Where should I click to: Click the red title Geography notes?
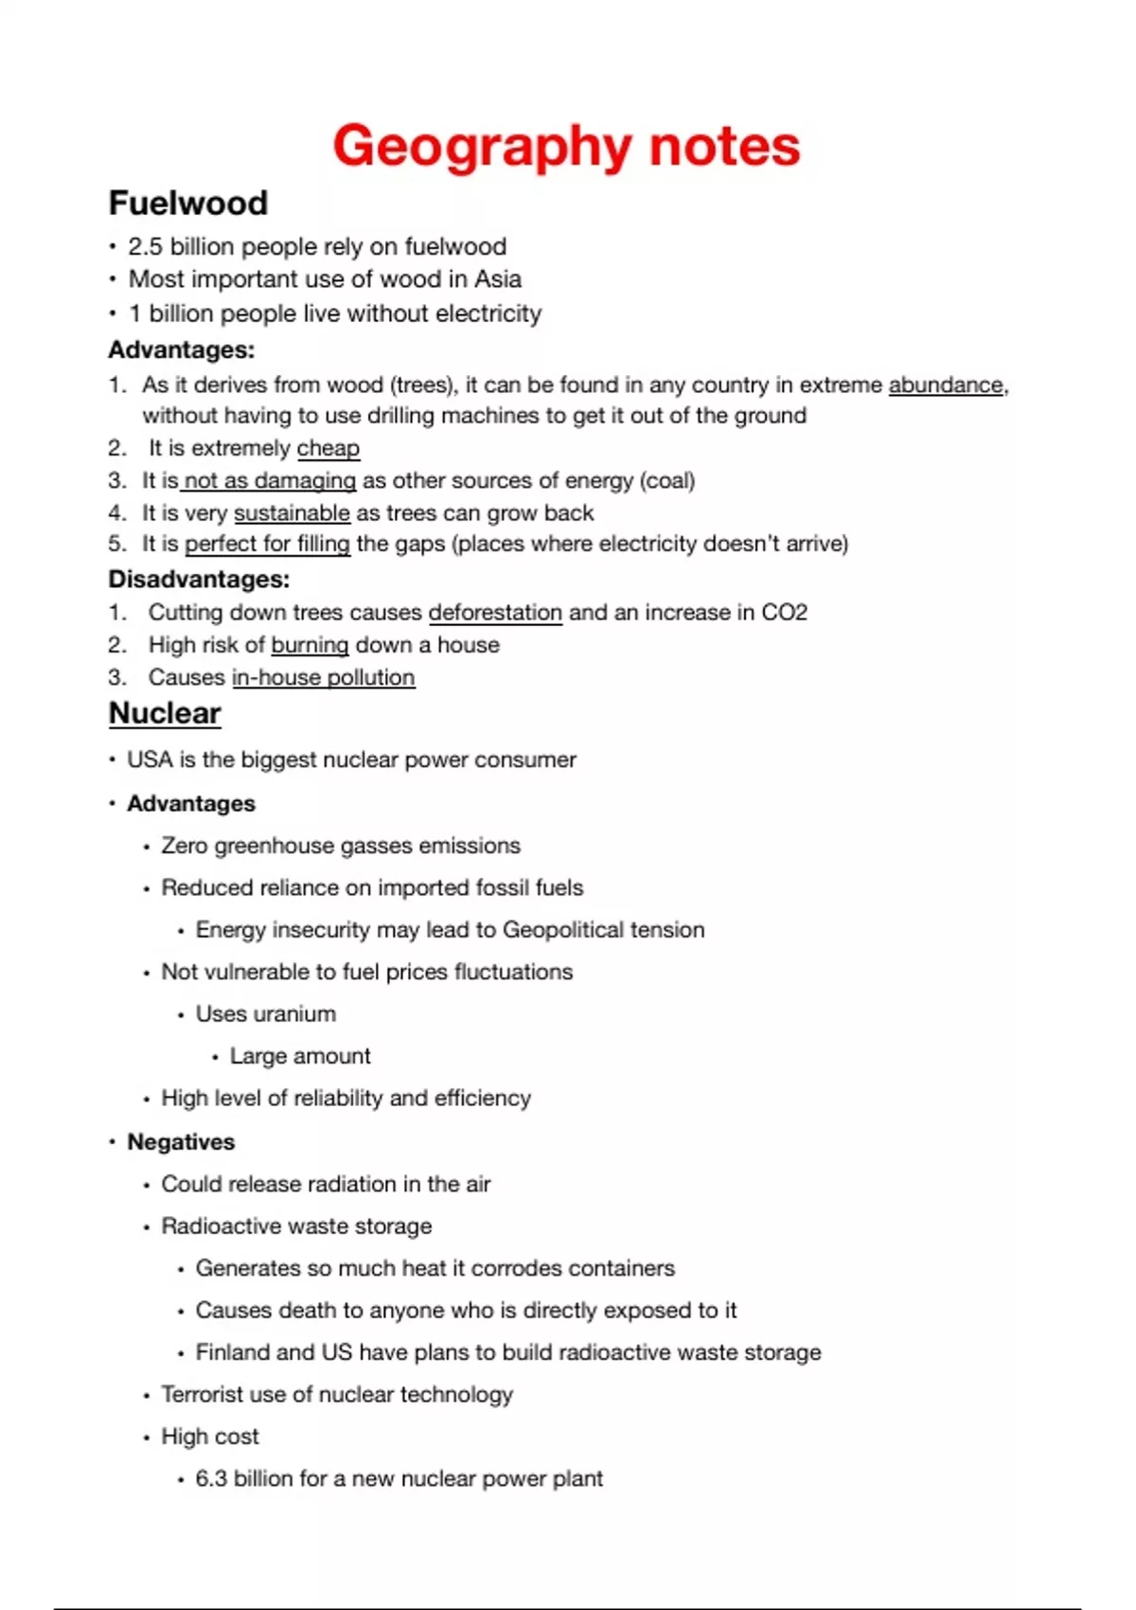566,146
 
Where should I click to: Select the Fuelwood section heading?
187,203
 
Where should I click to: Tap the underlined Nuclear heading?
165,713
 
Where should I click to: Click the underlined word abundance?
945,385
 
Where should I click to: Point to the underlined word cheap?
328,448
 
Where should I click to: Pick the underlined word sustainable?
292,512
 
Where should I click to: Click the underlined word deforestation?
495,612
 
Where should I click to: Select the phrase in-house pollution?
323,677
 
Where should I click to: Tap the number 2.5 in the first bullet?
146,246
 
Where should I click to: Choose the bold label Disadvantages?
199,579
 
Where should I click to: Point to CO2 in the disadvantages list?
784,612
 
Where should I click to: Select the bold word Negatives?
181,1141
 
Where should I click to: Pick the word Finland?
232,1351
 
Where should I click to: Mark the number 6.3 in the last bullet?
210,1478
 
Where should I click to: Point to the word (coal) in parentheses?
667,480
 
